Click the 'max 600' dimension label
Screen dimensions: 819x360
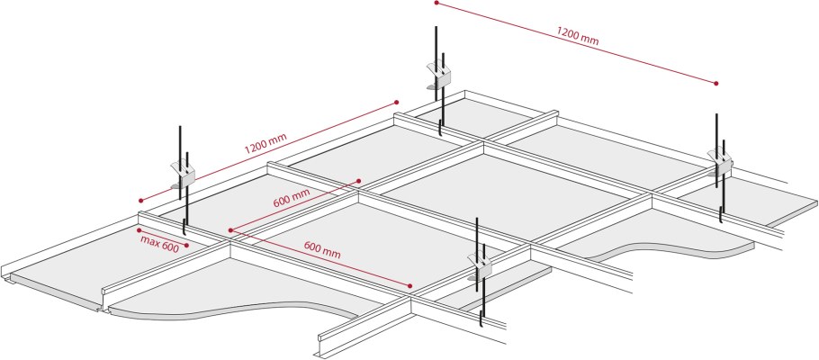point(160,243)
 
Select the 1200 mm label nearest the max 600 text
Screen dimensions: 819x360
point(265,143)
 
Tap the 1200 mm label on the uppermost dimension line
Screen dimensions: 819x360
point(577,36)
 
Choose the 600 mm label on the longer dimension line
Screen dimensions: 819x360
point(322,250)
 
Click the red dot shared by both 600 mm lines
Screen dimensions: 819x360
point(230,229)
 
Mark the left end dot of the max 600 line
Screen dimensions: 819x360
point(139,229)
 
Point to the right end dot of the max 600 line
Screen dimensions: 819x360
point(187,245)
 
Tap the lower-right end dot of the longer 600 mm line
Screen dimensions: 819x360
point(410,286)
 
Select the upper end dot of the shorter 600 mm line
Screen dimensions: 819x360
point(359,181)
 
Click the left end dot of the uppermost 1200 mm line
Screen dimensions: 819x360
point(436,3)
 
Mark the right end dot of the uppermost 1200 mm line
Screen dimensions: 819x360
point(716,83)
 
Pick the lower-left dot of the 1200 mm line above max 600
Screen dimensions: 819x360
point(140,200)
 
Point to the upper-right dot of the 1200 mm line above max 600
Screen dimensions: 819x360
point(396,102)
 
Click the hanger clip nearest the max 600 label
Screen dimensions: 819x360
point(183,174)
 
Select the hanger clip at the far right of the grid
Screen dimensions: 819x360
point(721,163)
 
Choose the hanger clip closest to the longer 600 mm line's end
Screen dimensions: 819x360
point(480,265)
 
